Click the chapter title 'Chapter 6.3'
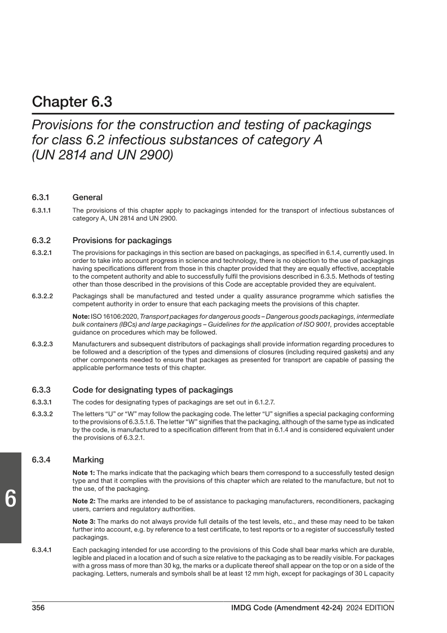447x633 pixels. (x=72, y=102)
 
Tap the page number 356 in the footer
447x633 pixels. (x=38, y=608)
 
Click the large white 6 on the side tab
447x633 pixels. (x=10, y=499)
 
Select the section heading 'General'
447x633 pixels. (x=87, y=197)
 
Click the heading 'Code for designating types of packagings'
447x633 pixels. (x=152, y=390)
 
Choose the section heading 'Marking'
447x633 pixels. (x=88, y=460)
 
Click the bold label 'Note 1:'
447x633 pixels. (x=84, y=472)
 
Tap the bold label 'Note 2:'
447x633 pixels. (x=84, y=501)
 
